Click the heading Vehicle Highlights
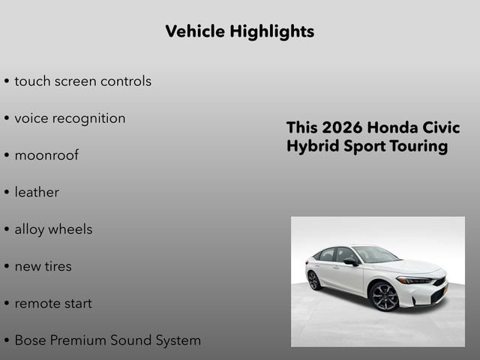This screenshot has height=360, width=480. [x=239, y=31]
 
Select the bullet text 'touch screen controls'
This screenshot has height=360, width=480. [x=82, y=81]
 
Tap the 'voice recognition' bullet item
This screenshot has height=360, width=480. [x=70, y=118]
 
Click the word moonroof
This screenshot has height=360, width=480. [x=46, y=155]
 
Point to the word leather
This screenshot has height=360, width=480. [x=37, y=193]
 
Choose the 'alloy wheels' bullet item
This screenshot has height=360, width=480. [x=53, y=229]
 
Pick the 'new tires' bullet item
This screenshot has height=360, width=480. [x=43, y=266]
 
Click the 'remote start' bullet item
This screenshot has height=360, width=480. [x=53, y=304]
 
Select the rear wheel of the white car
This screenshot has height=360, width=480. [x=313, y=280]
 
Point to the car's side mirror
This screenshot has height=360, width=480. [x=351, y=261]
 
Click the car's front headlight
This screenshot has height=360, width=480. [x=414, y=280]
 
